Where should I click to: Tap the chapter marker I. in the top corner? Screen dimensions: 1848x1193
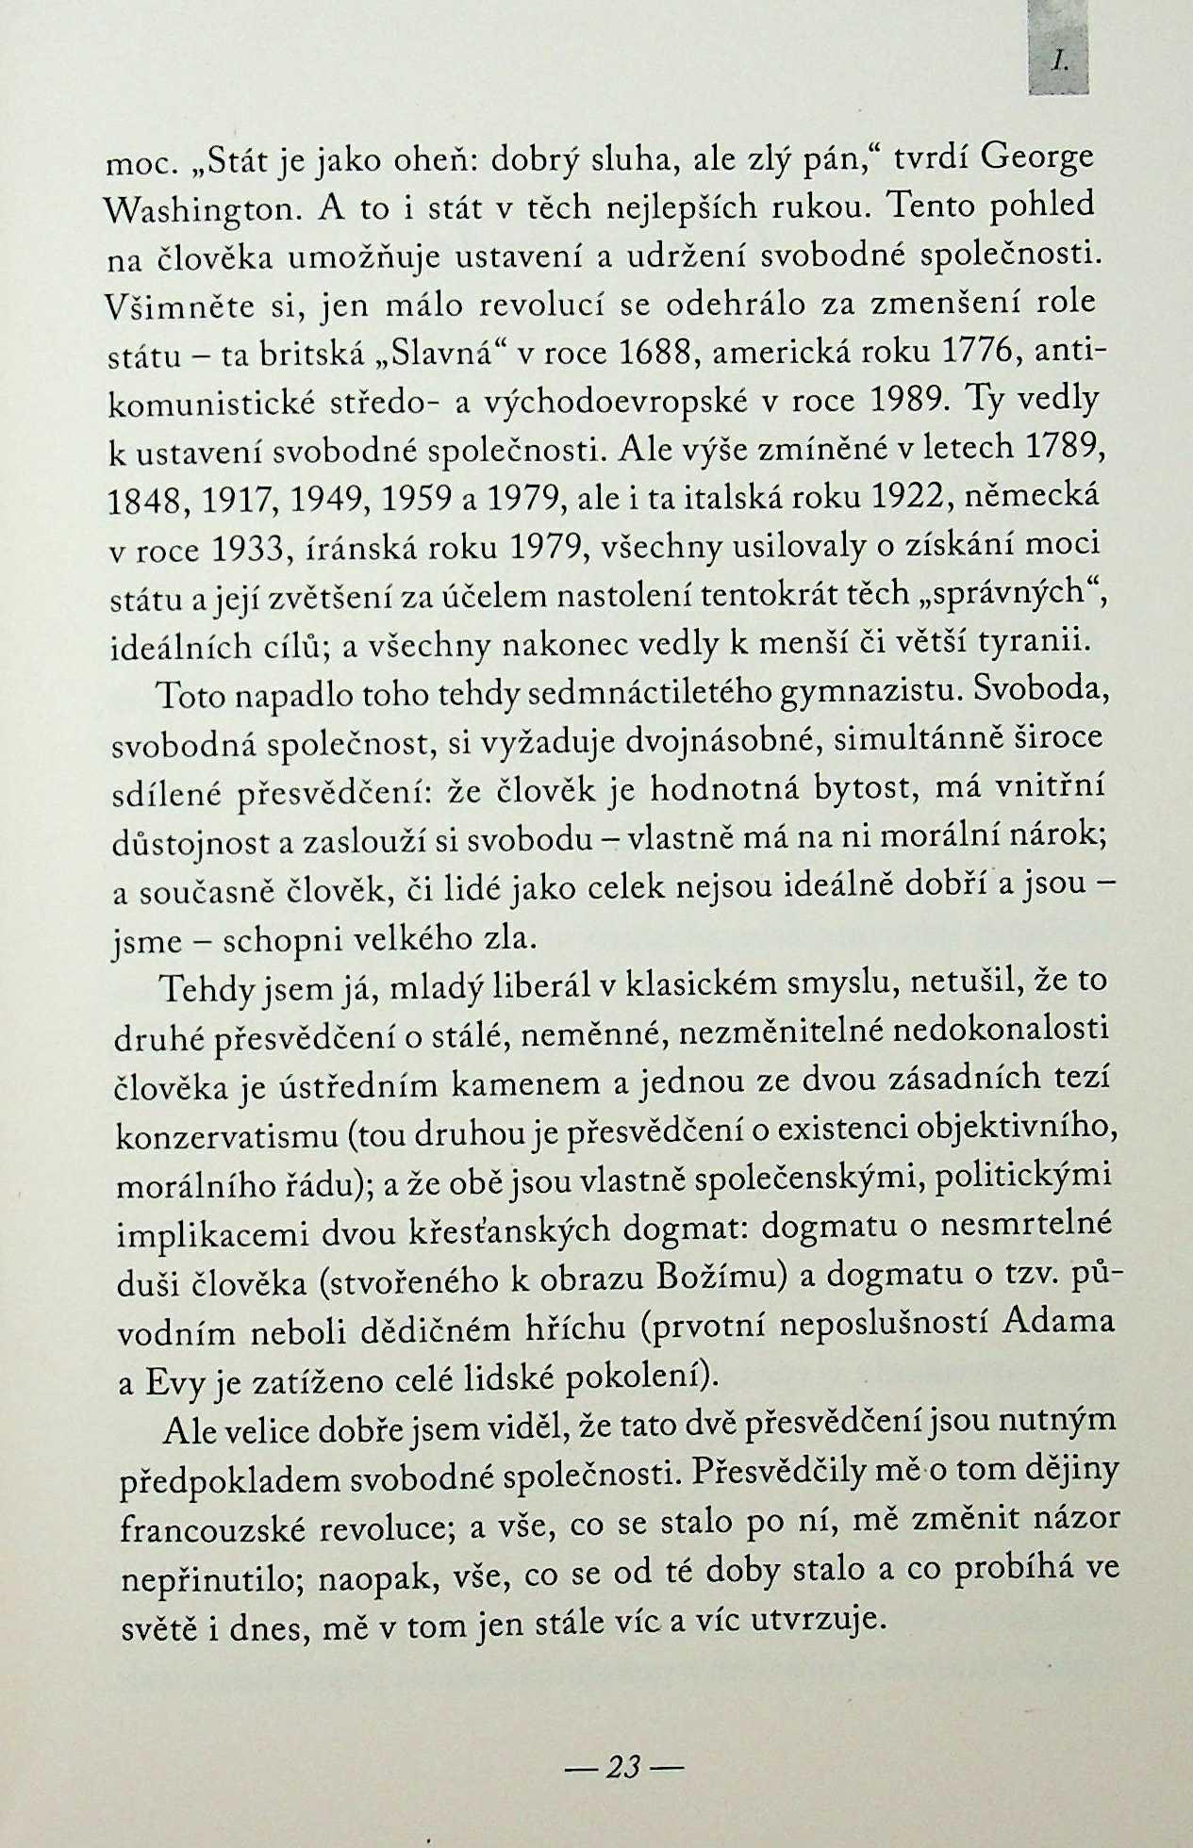point(1060,63)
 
